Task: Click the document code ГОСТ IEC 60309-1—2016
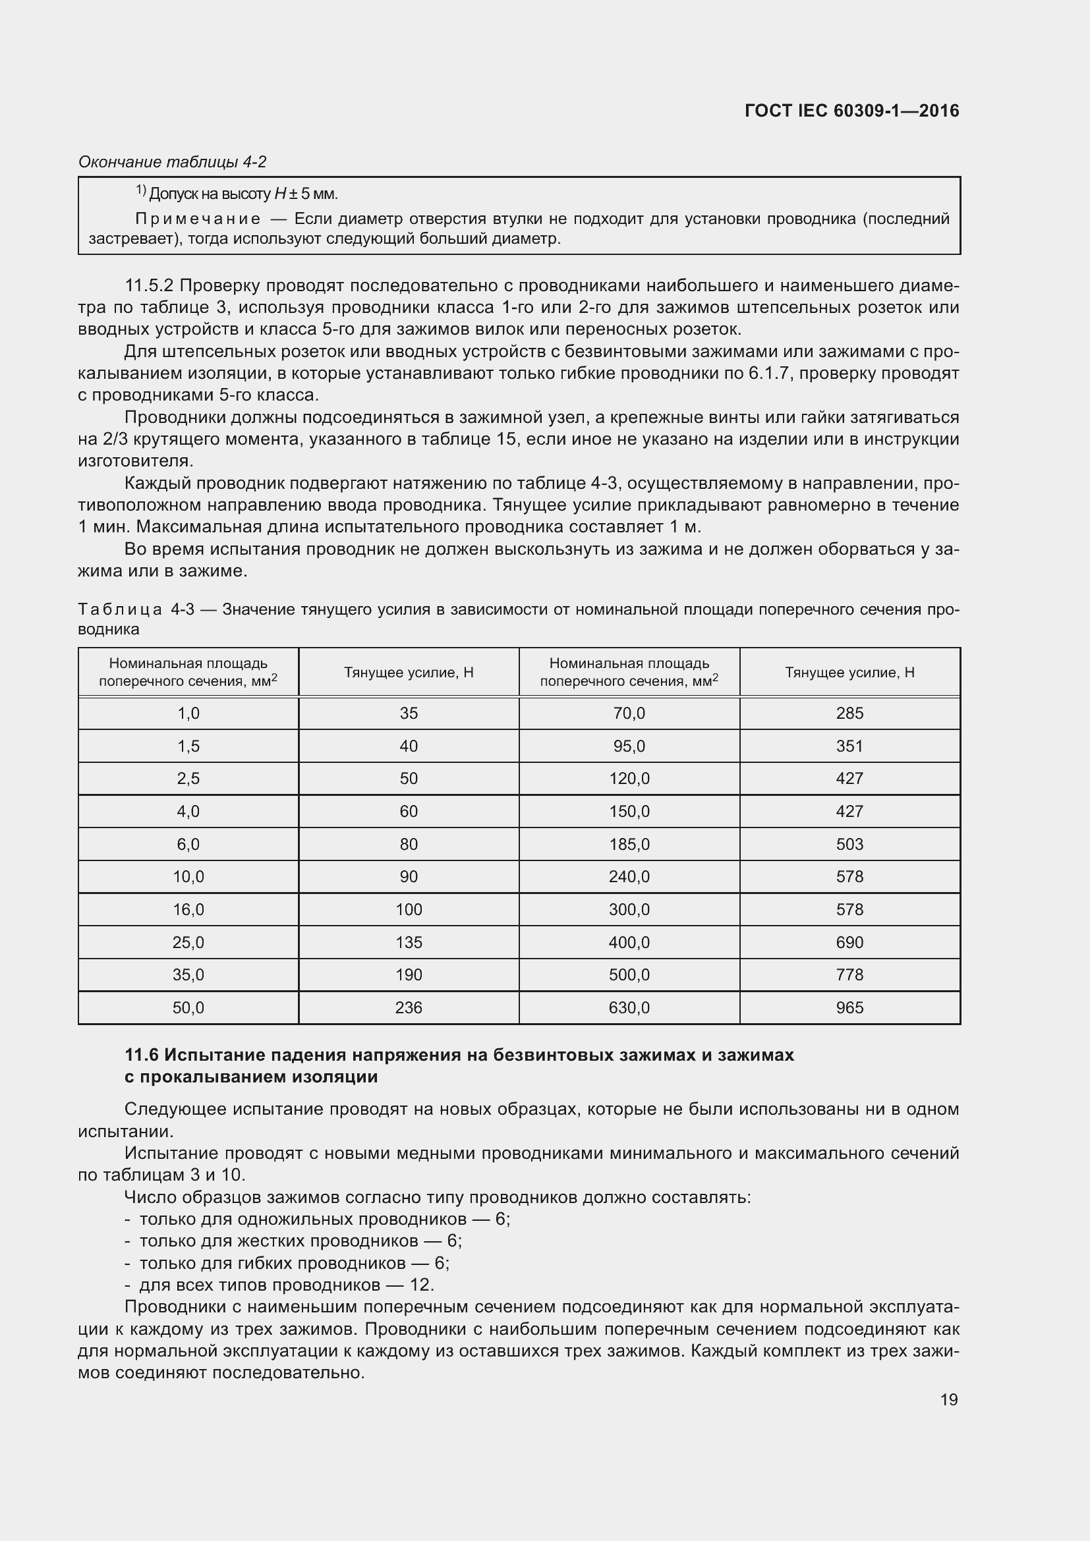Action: [851, 111]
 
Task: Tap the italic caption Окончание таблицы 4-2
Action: [173, 162]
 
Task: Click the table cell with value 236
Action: [409, 1008]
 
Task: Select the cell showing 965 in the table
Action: [849, 1008]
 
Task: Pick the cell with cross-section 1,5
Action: [188, 746]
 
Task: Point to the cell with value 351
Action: [849, 746]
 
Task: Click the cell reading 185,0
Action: [629, 845]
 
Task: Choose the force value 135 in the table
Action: [409, 942]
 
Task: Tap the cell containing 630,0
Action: [629, 1008]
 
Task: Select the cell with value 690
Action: [849, 942]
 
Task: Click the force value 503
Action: [849, 845]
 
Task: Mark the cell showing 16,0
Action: [188, 909]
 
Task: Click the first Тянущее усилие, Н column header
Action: [409, 673]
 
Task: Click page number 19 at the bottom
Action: [948, 1399]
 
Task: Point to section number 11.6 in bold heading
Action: [141, 1055]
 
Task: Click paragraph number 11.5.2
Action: [149, 286]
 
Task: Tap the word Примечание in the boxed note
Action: [198, 219]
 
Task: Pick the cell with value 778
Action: [849, 975]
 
